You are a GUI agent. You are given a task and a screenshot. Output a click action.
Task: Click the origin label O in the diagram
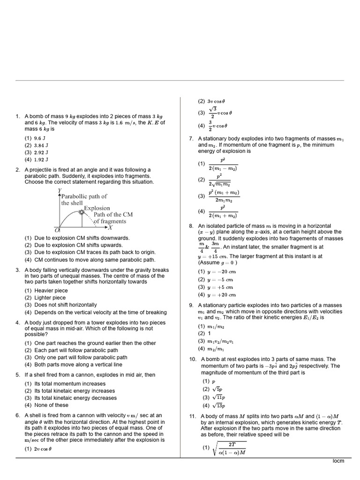[x=57, y=230]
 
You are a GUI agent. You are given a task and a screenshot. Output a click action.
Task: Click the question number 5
[x=17, y=375]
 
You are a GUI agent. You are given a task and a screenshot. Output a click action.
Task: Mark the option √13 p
[x=217, y=405]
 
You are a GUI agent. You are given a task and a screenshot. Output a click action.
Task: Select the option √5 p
[x=216, y=389]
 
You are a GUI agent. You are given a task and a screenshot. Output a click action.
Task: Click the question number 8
[x=191, y=225]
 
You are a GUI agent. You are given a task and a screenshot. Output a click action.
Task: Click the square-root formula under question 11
[x=230, y=449]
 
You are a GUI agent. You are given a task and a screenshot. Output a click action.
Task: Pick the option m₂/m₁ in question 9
[x=216, y=348]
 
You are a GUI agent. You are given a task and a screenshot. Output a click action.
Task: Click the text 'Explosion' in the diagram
[x=97, y=208]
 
